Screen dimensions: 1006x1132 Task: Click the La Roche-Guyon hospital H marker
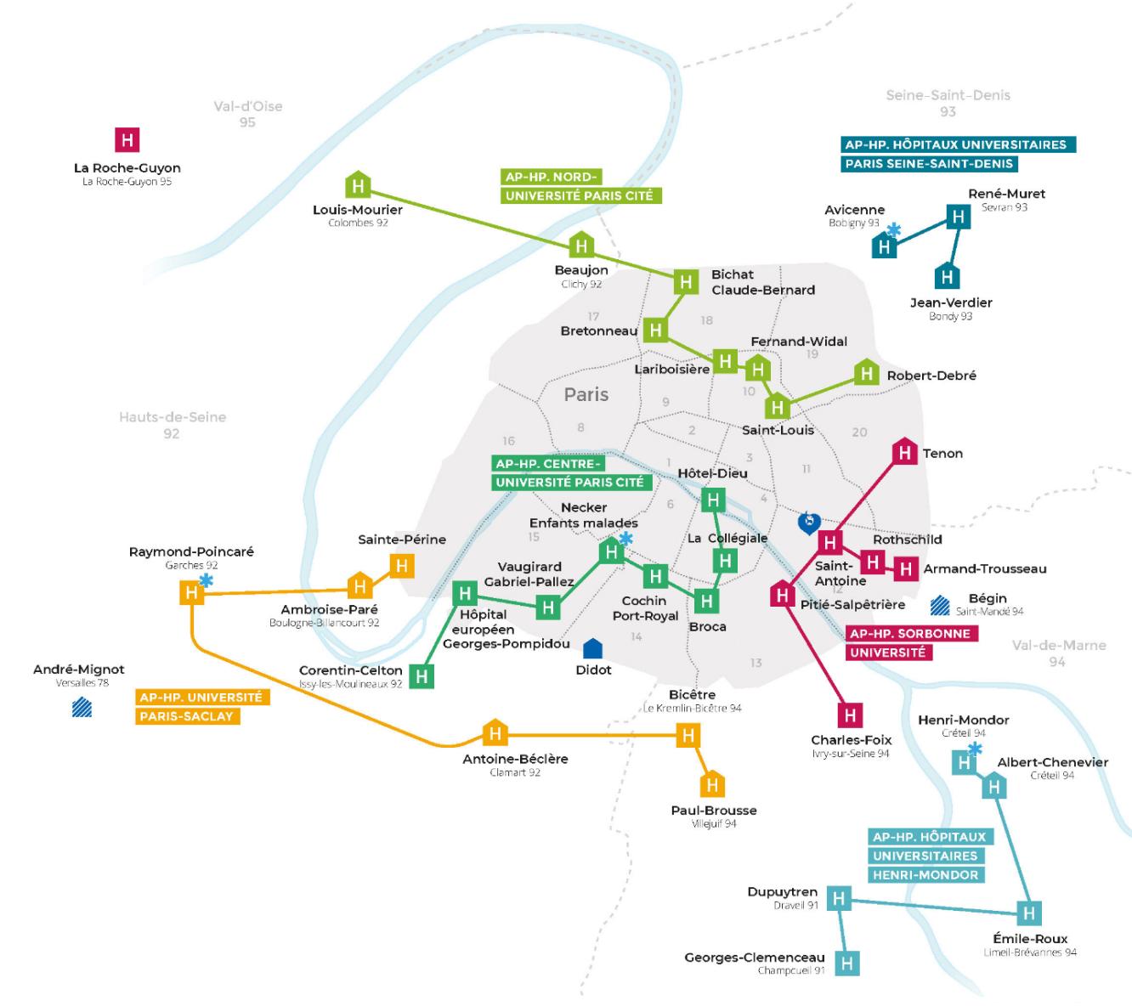click(127, 139)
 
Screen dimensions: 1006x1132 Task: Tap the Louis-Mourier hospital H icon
click(358, 185)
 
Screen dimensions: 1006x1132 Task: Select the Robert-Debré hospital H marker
click(866, 373)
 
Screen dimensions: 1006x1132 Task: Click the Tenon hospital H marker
click(905, 452)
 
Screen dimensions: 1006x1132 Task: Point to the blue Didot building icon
click(593, 649)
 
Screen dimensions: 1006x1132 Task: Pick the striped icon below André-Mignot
click(82, 707)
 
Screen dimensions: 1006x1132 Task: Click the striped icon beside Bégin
click(939, 605)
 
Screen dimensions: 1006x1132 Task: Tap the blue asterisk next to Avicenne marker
click(894, 230)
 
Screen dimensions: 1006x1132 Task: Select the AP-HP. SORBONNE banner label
click(909, 634)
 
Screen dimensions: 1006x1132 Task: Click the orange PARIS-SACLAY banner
click(186, 716)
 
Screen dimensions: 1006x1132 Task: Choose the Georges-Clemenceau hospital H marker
click(846, 963)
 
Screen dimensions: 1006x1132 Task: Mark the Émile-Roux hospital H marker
click(1029, 913)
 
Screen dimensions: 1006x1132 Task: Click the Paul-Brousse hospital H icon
click(712, 784)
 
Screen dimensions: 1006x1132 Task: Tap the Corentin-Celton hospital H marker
click(422, 676)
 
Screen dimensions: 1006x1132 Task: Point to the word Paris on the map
click(586, 394)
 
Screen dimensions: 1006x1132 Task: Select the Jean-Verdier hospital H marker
click(947, 277)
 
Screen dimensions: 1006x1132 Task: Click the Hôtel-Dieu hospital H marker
click(713, 500)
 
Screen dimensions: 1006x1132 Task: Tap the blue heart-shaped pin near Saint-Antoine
click(809, 522)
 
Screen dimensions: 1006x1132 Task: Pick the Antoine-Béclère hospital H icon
click(495, 732)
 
